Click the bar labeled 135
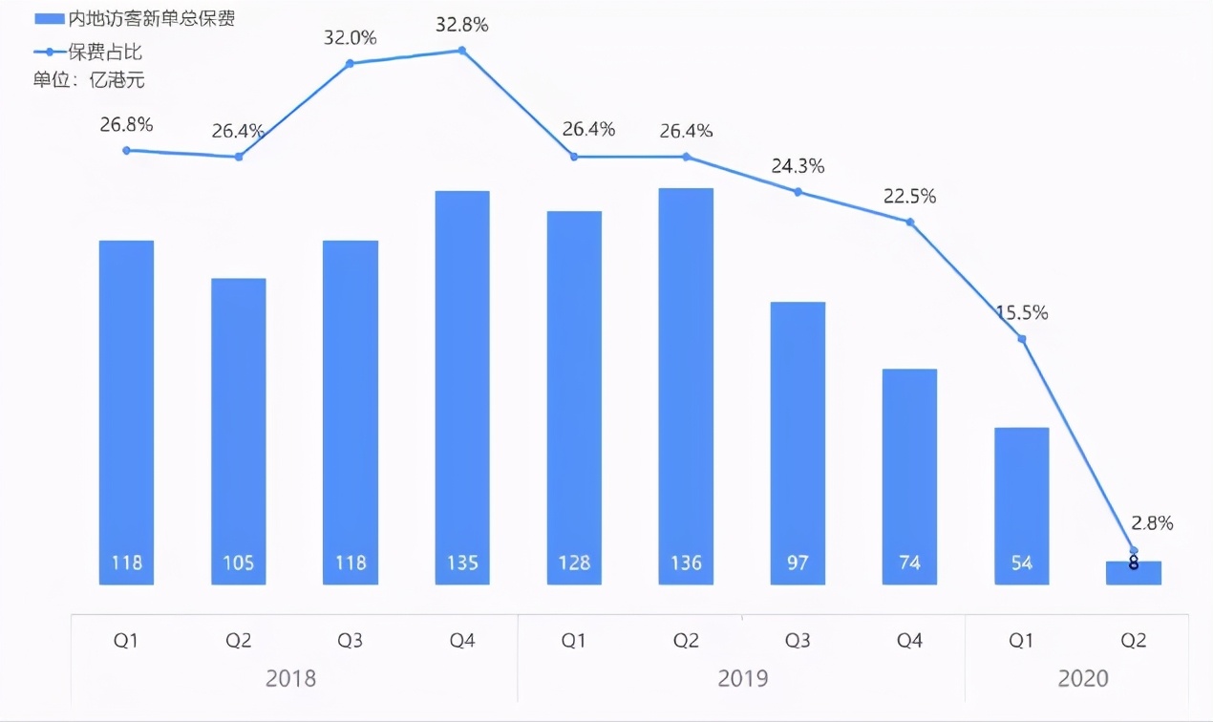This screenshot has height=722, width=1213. (462, 387)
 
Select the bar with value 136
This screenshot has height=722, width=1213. (686, 386)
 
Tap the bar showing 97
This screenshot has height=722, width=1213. (798, 443)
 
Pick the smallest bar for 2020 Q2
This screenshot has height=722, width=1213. (1134, 572)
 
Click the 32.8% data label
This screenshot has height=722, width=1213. (462, 26)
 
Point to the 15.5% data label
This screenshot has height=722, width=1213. (1021, 312)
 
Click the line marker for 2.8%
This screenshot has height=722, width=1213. (1134, 550)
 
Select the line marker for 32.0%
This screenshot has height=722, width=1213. (350, 63)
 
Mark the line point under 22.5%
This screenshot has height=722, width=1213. (910, 222)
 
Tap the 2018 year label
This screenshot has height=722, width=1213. (290, 679)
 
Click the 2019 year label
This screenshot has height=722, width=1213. (743, 679)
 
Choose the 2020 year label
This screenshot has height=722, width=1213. (1083, 679)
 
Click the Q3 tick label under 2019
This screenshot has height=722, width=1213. (798, 641)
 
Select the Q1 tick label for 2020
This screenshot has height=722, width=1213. (1021, 641)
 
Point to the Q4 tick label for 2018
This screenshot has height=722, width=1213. (462, 641)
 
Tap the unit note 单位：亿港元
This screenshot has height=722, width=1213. (89, 80)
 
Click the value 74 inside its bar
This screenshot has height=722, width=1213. (909, 563)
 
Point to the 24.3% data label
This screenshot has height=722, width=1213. (798, 166)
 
